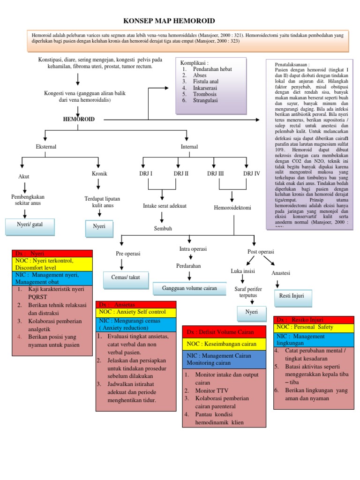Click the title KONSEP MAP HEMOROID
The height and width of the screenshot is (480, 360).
(169, 21)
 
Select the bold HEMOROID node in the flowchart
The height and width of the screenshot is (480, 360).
(79, 120)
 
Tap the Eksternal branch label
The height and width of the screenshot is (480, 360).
(46, 147)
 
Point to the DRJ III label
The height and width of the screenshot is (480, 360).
(215, 173)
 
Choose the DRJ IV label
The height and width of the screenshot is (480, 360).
(251, 173)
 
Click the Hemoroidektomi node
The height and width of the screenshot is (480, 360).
(232, 207)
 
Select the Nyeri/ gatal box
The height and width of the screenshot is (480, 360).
(30, 225)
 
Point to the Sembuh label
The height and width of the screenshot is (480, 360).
(164, 228)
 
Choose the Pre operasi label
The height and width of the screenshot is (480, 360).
(128, 254)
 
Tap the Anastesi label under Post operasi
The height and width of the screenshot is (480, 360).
(281, 273)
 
